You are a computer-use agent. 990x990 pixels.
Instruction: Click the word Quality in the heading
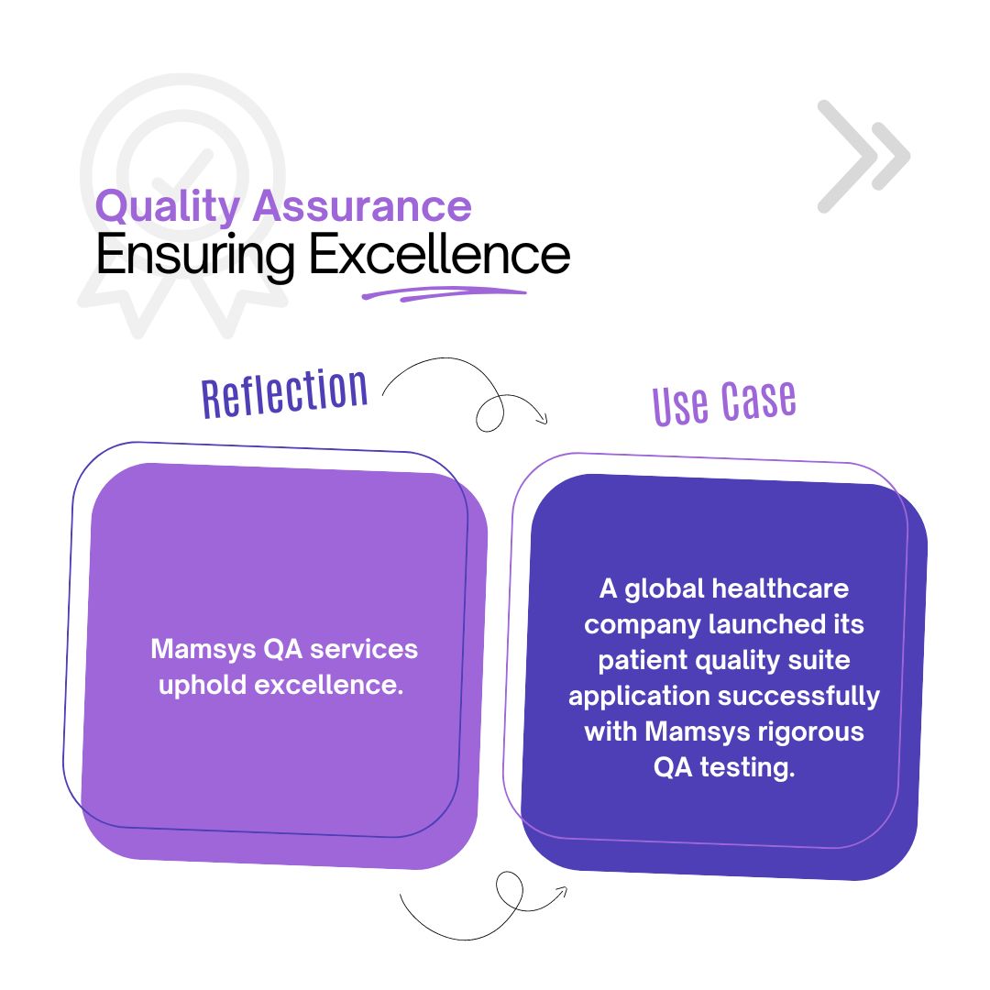(167, 207)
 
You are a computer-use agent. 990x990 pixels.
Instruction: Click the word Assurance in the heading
(362, 206)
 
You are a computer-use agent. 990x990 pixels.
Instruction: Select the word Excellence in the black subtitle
(439, 254)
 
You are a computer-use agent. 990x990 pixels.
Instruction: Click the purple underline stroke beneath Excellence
(444, 293)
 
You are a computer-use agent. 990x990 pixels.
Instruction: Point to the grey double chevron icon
(863, 156)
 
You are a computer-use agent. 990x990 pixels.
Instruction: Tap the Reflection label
(285, 392)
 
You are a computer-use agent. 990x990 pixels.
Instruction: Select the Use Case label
(724, 402)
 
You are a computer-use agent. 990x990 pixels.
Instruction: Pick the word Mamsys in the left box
(203, 650)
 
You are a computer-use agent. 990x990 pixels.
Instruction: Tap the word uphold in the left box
(203, 686)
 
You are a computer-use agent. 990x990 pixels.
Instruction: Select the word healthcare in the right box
(780, 588)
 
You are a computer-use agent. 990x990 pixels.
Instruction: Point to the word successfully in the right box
(798, 697)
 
